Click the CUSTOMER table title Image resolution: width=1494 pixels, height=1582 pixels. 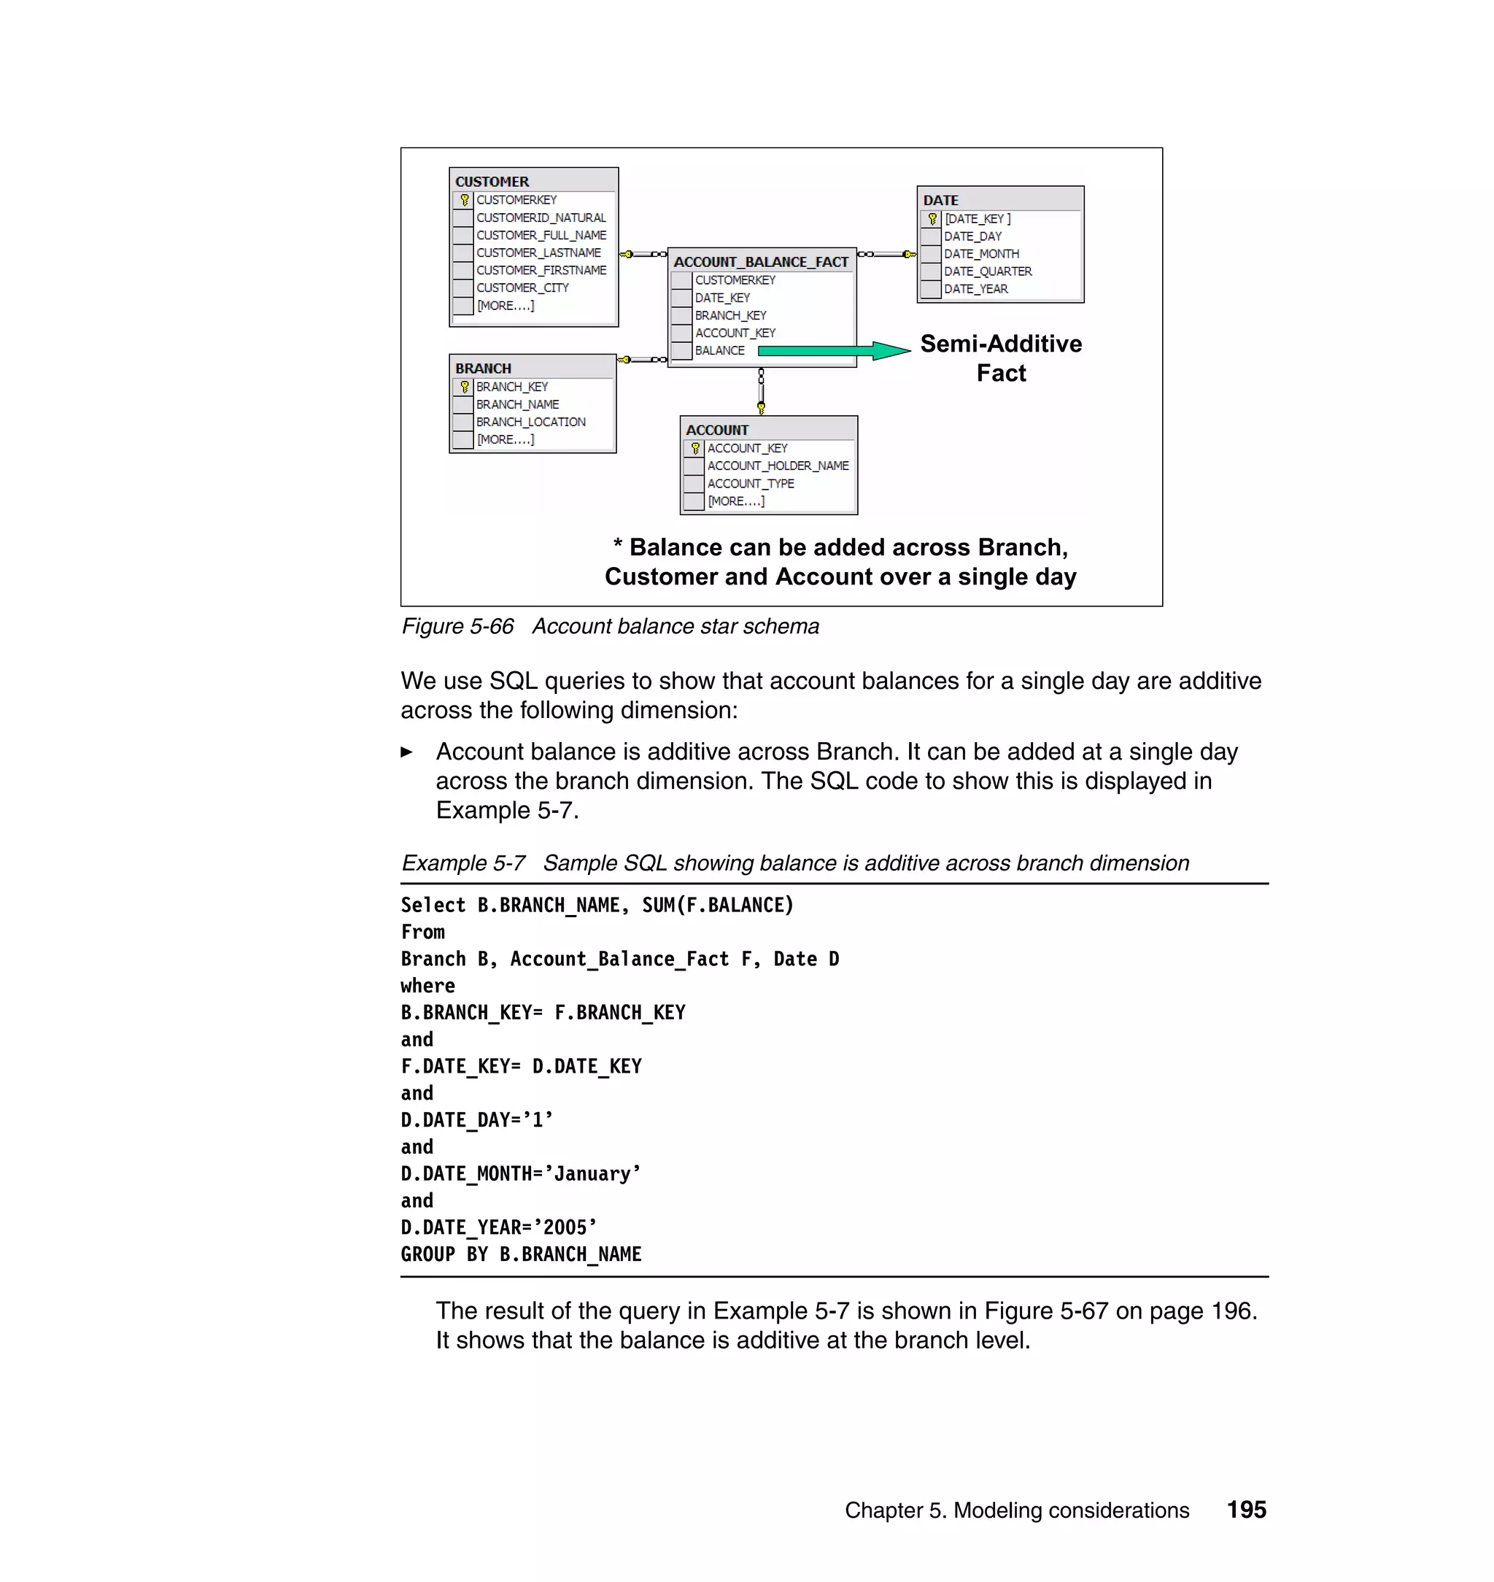pos(492,182)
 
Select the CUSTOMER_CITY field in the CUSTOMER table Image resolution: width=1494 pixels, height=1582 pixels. pos(522,288)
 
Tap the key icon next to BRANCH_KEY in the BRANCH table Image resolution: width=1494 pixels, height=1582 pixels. pos(464,387)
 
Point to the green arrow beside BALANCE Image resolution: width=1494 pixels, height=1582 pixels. pos(832,350)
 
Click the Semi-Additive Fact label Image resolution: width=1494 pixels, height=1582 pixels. pos(1000,358)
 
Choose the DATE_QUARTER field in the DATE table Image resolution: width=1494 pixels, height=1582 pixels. pos(988,271)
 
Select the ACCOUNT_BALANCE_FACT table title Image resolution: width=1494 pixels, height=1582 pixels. pos(761,262)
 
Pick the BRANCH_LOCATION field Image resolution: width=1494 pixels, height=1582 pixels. pos(530,422)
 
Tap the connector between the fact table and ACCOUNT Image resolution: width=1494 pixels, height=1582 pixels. pos(762,391)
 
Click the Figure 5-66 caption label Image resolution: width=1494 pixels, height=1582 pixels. pos(457,627)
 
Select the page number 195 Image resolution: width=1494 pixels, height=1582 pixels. pos(1245,1510)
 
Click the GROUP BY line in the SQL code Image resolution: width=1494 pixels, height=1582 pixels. pos(521,1254)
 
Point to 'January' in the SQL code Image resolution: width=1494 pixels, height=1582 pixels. pos(597,1174)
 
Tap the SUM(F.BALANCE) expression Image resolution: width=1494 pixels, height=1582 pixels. pos(718,906)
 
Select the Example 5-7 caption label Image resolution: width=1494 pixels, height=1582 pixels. pos(462,863)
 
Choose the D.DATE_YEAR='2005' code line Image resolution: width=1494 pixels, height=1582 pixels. pos(498,1227)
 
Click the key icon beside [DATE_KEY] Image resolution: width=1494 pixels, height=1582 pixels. pos(932,219)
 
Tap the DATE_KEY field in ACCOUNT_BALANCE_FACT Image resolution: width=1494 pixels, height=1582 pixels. pos(722,298)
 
